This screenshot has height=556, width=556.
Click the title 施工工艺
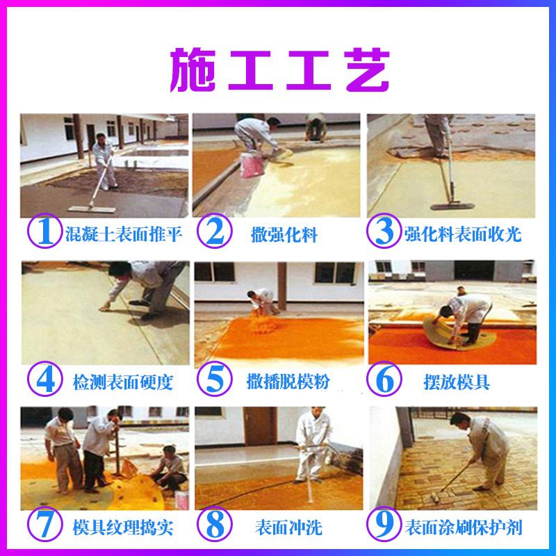pos(278,69)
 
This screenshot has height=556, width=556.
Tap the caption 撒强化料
pos(284,234)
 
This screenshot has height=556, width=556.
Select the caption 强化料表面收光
pos(462,234)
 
